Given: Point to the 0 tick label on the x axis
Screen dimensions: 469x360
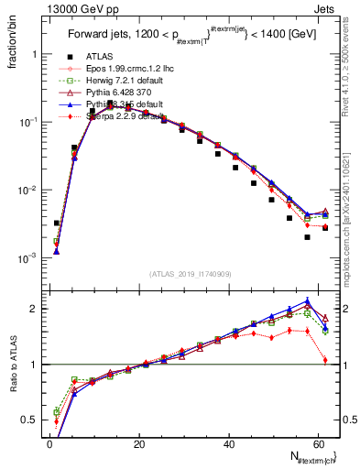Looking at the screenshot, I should [x=49, y=445].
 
